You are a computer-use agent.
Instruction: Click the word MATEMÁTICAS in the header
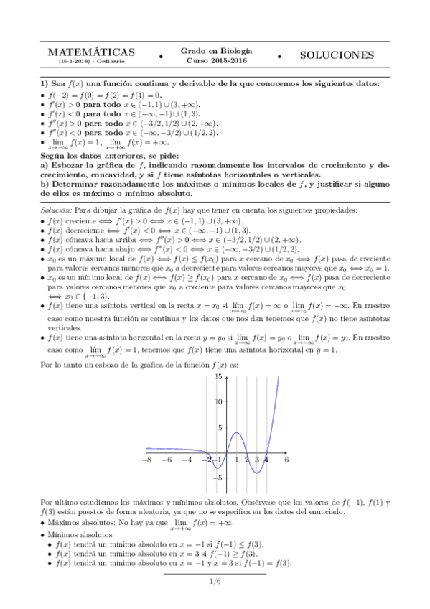[x=91, y=53]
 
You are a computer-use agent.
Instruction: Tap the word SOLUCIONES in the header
[x=337, y=55]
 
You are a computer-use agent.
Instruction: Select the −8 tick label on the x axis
[x=147, y=460]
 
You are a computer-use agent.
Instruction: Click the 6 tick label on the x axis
[x=286, y=459]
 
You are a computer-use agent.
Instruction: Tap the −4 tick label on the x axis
[x=187, y=460]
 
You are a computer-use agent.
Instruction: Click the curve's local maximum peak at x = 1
[x=237, y=432]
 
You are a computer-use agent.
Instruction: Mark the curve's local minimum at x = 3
[x=256, y=473]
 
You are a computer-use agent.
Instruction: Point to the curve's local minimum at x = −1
[x=217, y=468]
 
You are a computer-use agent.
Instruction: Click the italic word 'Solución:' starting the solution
[x=57, y=210]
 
